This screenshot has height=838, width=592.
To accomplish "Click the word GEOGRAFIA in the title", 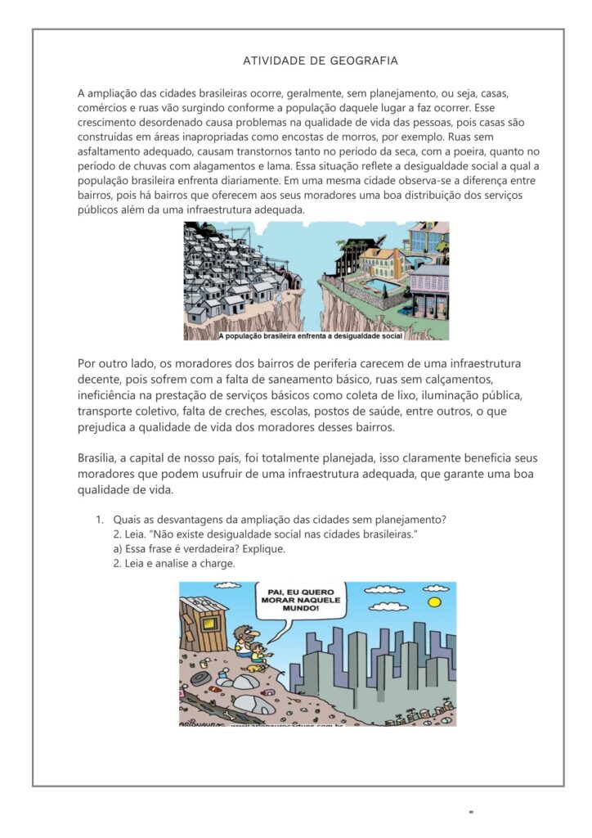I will click(365, 61).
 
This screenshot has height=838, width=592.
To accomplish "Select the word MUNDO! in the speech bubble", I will click(303, 609).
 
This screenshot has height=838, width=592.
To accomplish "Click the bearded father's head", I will click(244, 633).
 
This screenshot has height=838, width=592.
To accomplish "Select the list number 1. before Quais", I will click(99, 520).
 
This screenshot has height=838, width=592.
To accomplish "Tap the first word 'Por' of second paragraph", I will click(87, 363).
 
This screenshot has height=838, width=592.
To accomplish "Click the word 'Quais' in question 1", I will click(128, 520).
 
